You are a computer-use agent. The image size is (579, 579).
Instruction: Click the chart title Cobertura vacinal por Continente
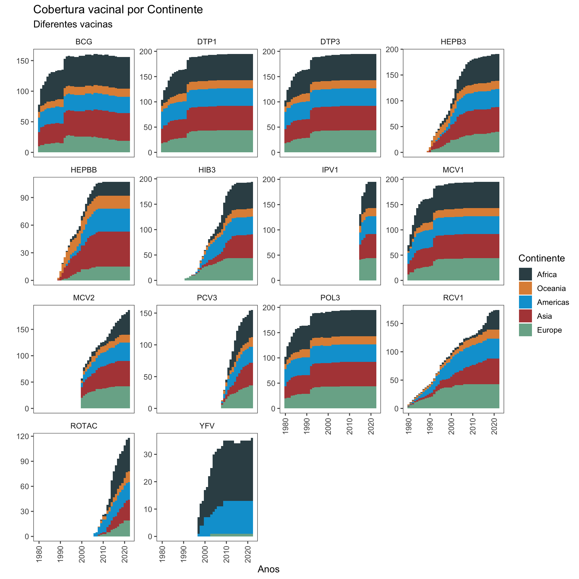(118, 10)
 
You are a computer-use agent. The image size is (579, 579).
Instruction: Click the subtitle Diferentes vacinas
(73, 24)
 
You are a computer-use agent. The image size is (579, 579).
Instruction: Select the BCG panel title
(84, 42)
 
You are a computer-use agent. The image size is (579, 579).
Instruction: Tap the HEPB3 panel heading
(453, 42)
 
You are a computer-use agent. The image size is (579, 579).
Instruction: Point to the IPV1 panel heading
(330, 170)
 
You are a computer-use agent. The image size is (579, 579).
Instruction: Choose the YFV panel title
(207, 426)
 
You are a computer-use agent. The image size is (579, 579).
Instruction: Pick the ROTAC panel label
(84, 426)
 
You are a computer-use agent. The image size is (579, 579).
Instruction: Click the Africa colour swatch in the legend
(525, 274)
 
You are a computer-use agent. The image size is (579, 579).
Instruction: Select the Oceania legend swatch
(525, 288)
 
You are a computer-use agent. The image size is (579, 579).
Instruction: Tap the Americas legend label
(553, 302)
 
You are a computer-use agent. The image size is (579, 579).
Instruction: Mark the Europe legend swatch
(525, 330)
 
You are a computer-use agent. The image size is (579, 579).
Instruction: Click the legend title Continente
(541, 258)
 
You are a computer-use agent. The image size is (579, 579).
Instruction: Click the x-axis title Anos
(268, 569)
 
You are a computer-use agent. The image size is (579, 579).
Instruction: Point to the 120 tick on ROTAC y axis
(23, 436)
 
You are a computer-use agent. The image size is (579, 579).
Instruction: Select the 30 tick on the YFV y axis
(148, 454)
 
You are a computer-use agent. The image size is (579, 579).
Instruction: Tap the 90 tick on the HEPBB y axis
(25, 198)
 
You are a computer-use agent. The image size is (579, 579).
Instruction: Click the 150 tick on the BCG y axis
(23, 61)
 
